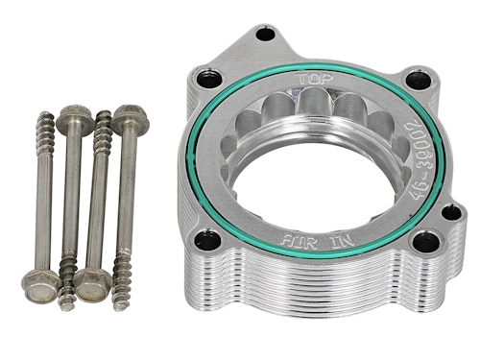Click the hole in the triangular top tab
266,34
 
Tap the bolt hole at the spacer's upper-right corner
418,79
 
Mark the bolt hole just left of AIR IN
207,240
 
